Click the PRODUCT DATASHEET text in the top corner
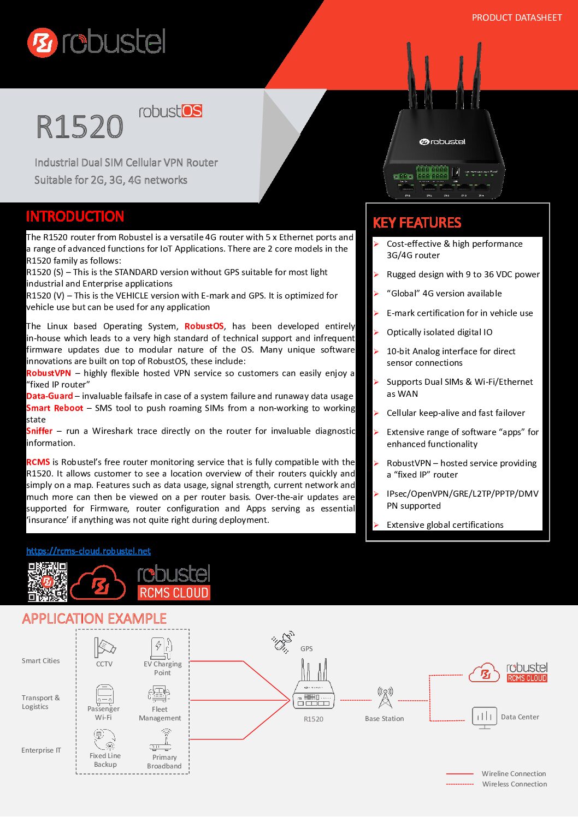tap(516, 18)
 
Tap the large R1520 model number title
tap(80, 127)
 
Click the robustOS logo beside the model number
tap(170, 111)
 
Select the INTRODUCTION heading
tap(75, 217)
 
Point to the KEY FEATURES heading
tap(417, 223)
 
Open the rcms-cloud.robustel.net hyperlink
tap(89, 551)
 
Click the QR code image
tap(48, 582)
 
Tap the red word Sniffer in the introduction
tap(39, 431)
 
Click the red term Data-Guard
tap(50, 396)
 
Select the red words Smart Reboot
tap(55, 408)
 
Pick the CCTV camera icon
tap(104, 648)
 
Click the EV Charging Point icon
tap(162, 648)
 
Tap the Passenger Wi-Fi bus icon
tap(104, 694)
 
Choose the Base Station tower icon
tap(385, 698)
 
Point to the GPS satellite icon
tap(283, 642)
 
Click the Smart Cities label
tap(41, 661)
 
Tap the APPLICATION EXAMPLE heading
tap(95, 619)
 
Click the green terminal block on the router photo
tap(432, 172)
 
